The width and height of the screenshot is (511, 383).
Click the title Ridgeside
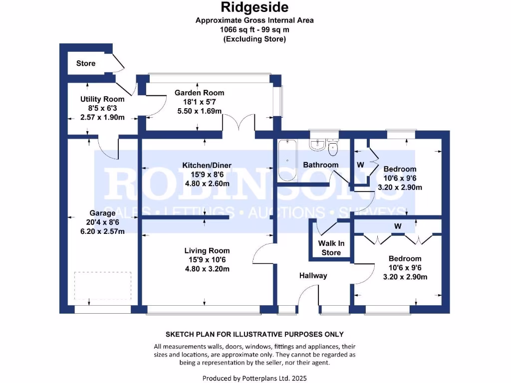coord(255,8)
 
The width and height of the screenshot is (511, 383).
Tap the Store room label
coord(86,63)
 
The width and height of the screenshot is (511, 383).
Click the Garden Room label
coord(199,92)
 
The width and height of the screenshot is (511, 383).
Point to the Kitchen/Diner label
coord(207,165)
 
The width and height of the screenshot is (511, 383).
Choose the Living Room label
coord(207,250)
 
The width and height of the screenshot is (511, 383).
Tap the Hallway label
coord(313,275)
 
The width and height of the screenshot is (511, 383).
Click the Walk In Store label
coord(331,248)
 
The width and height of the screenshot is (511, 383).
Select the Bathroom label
coord(320,165)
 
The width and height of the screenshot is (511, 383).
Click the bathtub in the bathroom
coord(287,160)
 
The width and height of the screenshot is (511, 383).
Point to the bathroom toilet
coord(333,146)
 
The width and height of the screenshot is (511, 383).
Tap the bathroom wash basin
coord(317,145)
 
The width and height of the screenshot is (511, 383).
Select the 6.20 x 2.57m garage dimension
coord(102,231)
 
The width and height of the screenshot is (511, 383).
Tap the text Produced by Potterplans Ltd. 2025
coord(255,378)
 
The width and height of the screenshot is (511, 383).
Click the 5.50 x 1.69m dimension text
coord(199,111)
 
